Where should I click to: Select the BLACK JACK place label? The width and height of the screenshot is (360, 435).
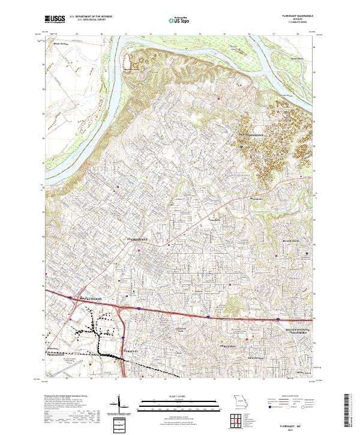(x=294, y=241)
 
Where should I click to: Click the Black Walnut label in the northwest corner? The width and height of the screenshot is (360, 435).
(x=61, y=44)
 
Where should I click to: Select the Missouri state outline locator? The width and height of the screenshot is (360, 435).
(x=241, y=402)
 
